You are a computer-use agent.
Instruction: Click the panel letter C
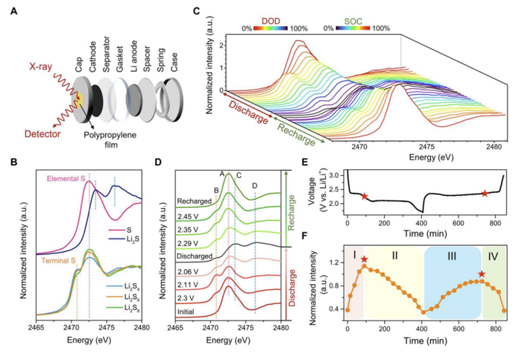coord(197,11)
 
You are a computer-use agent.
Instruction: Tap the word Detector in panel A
coord(43,134)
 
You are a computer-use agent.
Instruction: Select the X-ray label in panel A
coord(40,67)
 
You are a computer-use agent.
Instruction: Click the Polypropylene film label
coord(110,139)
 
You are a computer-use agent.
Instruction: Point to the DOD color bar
coord(271,28)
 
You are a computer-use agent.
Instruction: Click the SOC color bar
coord(353,28)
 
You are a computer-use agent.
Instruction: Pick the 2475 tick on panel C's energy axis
coord(427,147)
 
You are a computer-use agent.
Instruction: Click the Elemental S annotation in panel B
coord(66,179)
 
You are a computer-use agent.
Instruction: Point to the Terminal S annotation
coord(58,261)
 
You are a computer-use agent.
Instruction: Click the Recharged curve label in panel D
coord(194,201)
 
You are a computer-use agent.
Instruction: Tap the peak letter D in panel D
coord(255,186)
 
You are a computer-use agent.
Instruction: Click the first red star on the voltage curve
coord(365,196)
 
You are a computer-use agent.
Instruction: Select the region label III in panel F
coord(451,256)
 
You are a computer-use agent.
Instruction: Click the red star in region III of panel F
coord(482,274)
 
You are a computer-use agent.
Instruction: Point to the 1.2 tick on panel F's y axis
coord(339,262)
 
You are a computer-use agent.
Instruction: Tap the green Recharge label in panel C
coord(296,134)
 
